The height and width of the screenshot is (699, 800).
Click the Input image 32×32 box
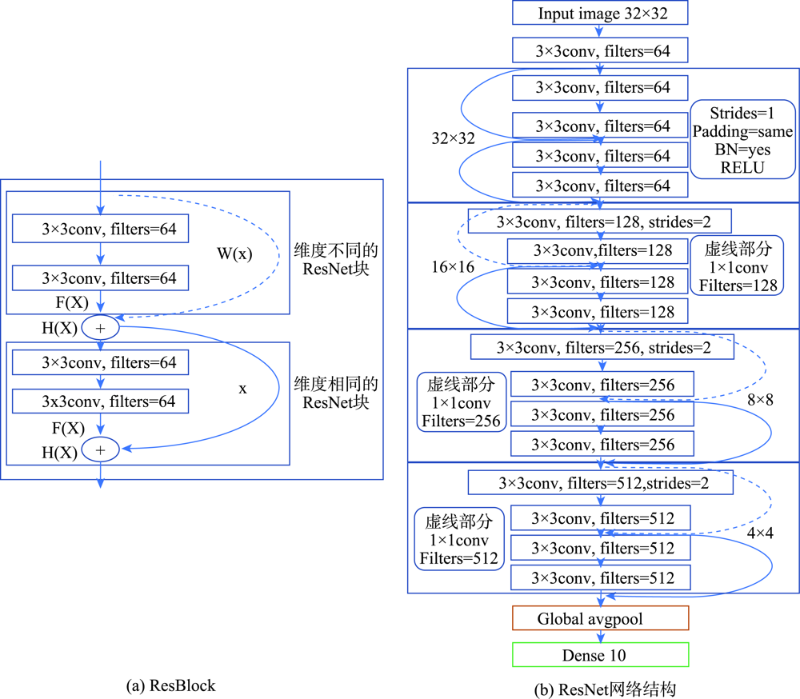(x=600, y=13)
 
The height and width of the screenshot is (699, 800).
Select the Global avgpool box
(x=601, y=618)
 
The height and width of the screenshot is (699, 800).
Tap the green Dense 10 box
(x=601, y=654)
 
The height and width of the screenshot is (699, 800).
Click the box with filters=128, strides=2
(x=599, y=222)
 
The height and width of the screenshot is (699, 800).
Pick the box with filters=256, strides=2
(x=602, y=347)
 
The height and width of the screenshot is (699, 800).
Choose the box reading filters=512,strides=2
(x=601, y=482)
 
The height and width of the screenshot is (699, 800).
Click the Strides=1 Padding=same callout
(x=742, y=139)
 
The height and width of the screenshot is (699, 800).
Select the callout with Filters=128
(x=737, y=266)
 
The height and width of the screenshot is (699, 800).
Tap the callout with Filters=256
(x=462, y=402)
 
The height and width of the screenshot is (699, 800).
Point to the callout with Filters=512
(x=458, y=539)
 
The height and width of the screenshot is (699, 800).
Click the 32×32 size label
(x=453, y=138)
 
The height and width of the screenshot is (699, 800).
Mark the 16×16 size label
(x=453, y=267)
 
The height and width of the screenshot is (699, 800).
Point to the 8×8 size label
(x=760, y=400)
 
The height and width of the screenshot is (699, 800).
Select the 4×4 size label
(x=760, y=533)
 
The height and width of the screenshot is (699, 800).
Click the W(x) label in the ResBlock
(x=234, y=254)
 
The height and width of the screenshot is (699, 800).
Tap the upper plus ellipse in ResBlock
(x=101, y=328)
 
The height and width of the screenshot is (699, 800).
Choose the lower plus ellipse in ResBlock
(x=101, y=449)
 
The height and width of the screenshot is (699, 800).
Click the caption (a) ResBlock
(x=171, y=685)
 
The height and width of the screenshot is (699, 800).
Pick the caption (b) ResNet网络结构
(x=605, y=689)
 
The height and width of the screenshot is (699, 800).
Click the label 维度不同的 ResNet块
(x=336, y=259)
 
